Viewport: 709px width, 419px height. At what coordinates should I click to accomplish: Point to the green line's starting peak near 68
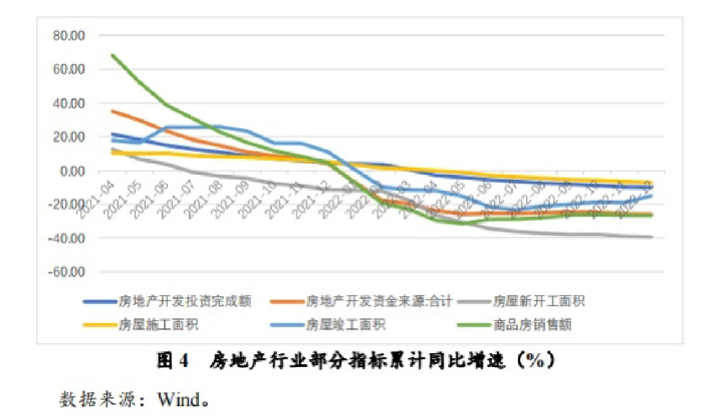point(112,55)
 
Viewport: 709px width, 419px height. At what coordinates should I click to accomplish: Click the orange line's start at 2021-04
point(112,111)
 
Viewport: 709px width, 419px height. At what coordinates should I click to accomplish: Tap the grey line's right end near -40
point(651,237)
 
